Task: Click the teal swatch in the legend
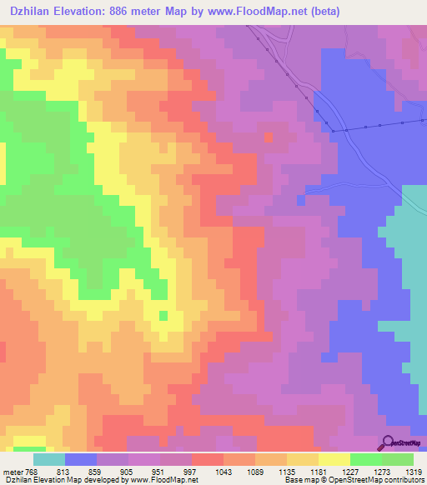point(49,458)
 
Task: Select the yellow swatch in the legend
point(334,458)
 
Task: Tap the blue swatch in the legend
point(81,458)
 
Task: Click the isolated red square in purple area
point(268,137)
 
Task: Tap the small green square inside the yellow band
point(163,315)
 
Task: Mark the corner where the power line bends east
point(332,131)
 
